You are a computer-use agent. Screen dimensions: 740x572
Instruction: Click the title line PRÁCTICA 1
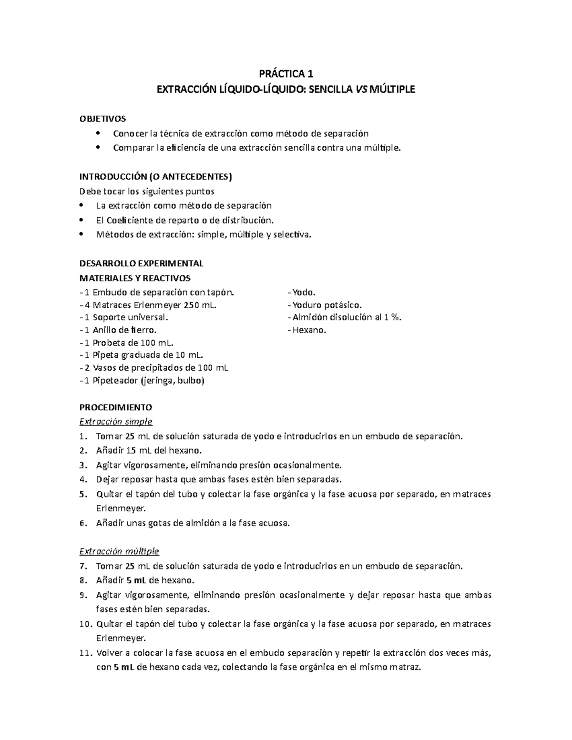pyautogui.click(x=286, y=74)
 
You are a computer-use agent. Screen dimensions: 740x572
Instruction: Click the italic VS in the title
pyautogui.click(x=361, y=89)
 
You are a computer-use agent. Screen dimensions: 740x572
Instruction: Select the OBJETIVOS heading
pyautogui.click(x=102, y=118)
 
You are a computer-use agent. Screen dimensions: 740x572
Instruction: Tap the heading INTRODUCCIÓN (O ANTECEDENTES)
pyautogui.click(x=155, y=177)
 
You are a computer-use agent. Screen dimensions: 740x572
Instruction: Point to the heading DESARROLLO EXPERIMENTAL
pyautogui.click(x=141, y=264)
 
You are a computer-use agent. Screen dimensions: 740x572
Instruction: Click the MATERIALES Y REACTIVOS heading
pyautogui.click(x=135, y=278)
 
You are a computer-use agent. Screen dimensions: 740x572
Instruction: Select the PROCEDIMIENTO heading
pyautogui.click(x=115, y=407)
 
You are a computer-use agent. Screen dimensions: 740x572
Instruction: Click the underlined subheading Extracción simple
pyautogui.click(x=116, y=422)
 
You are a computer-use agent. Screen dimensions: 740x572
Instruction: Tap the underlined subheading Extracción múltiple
pyautogui.click(x=119, y=551)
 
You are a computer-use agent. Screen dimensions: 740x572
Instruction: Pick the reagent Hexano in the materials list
pyautogui.click(x=309, y=330)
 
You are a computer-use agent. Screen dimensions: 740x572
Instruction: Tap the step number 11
pyautogui.click(x=85, y=653)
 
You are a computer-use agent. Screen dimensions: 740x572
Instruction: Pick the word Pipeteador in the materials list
pyautogui.click(x=115, y=381)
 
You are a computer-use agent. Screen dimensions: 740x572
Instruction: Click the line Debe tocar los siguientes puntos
pyautogui.click(x=147, y=192)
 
